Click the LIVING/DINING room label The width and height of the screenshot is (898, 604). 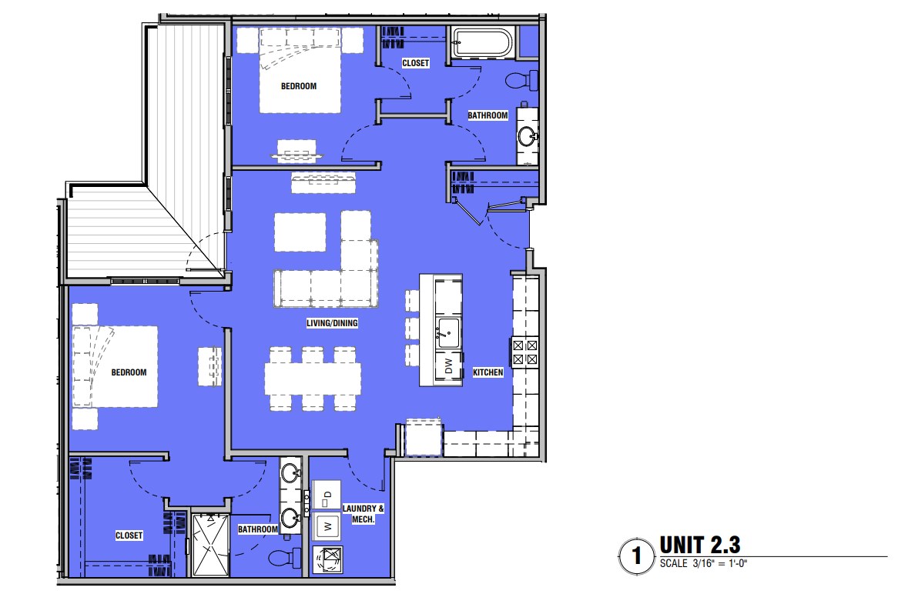(x=332, y=323)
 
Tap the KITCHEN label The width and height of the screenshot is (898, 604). (x=488, y=372)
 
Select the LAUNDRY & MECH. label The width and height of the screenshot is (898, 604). (x=363, y=514)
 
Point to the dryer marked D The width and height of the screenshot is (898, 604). (x=327, y=495)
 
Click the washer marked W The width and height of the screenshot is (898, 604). (x=327, y=526)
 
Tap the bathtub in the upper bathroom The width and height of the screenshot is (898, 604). (x=483, y=42)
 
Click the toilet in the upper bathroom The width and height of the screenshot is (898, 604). (x=521, y=80)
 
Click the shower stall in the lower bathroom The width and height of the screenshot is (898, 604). (x=211, y=545)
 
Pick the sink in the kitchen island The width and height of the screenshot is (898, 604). (x=447, y=333)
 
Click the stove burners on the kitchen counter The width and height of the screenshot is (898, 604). (x=525, y=352)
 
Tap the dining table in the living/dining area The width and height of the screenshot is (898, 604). (x=313, y=379)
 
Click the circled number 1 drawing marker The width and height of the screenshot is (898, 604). (x=636, y=556)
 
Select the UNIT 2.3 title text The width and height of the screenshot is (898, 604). (x=700, y=545)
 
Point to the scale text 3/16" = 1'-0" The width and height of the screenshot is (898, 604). (x=720, y=563)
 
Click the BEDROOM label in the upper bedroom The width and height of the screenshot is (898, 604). (x=298, y=86)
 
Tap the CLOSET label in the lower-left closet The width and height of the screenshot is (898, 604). (x=129, y=536)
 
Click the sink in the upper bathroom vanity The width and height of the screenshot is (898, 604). (x=528, y=136)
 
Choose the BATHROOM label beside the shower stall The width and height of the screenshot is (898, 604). (x=258, y=529)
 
